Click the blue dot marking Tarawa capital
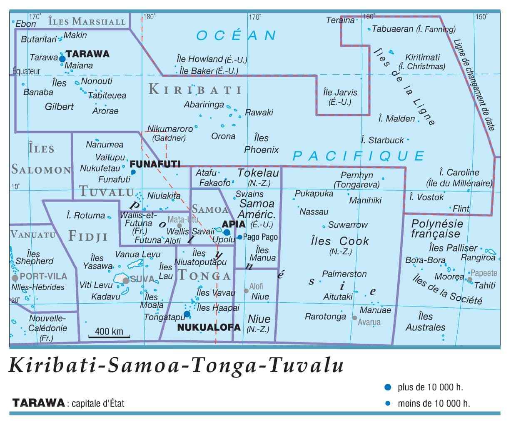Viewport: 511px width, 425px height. pyautogui.click(x=62, y=59)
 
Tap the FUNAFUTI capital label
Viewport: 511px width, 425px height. pyautogui.click(x=155, y=164)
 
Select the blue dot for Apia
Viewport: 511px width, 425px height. pyautogui.click(x=227, y=232)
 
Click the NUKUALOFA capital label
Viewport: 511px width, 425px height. pyautogui.click(x=209, y=327)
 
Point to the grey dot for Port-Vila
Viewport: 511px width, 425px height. pyautogui.click(x=15, y=278)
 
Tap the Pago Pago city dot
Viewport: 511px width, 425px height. pyautogui.click(x=239, y=237)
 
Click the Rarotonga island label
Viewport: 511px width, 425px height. pyautogui.click(x=325, y=317)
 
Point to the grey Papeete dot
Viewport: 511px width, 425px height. pyautogui.click(x=469, y=279)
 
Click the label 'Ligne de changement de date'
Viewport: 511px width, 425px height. pyautogui.click(x=474, y=85)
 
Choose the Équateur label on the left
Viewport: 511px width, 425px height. pyautogui.click(x=26, y=71)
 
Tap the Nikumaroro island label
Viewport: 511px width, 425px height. pyautogui.click(x=170, y=129)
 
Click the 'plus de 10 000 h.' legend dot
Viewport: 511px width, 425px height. pyautogui.click(x=388, y=387)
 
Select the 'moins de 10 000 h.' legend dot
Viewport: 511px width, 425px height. pyautogui.click(x=388, y=403)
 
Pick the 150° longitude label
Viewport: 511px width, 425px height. pyautogui.click(x=481, y=17)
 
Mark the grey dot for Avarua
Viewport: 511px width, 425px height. pyautogui.click(x=354, y=318)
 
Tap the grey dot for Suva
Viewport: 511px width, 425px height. pyautogui.click(x=126, y=281)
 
